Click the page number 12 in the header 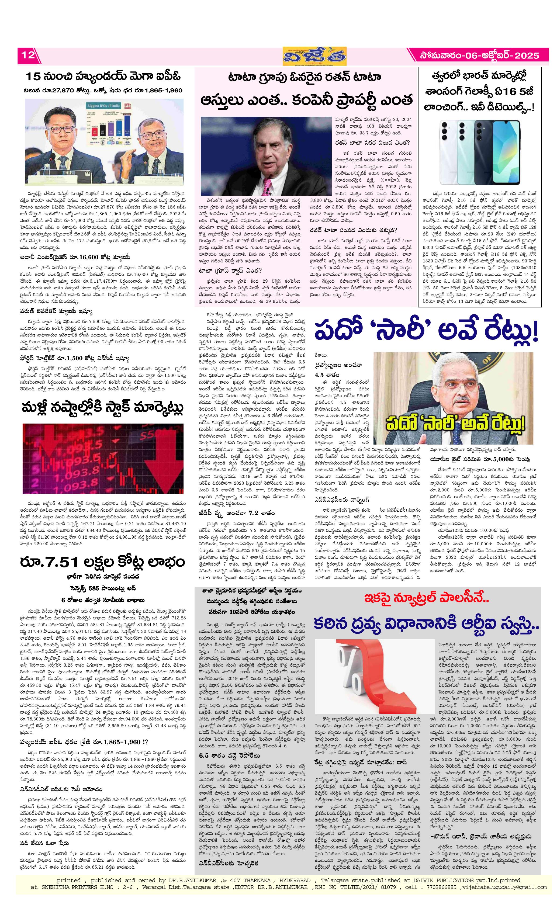[x=28, y=55]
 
